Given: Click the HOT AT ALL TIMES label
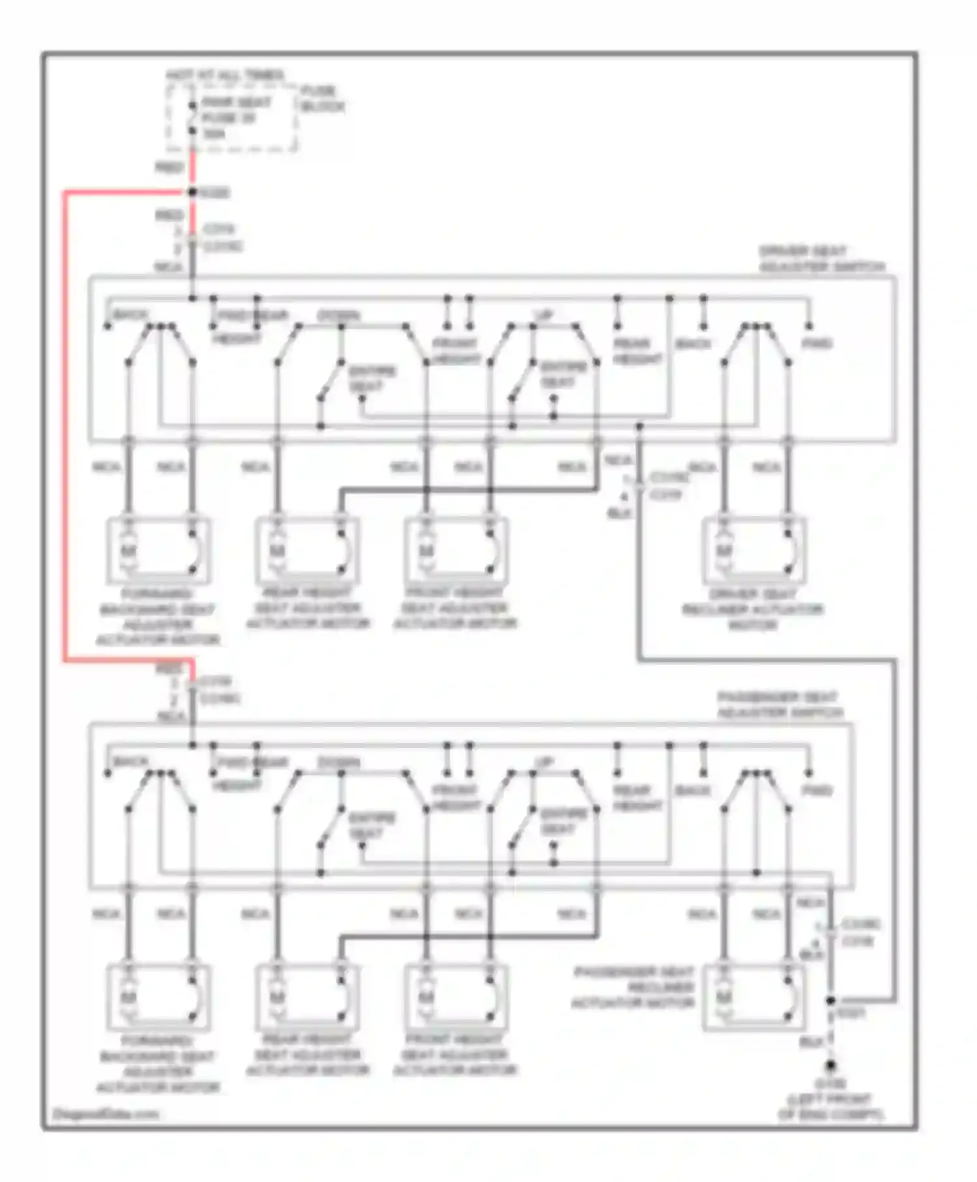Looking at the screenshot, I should pos(225,76).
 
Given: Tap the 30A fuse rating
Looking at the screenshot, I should pos(214,134).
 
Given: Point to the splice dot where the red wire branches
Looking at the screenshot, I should pos(192,192).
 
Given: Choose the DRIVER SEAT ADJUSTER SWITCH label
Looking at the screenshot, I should pos(821,259).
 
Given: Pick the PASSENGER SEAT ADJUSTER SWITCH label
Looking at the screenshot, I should pos(780,705).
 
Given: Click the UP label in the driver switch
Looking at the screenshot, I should pos(544,315).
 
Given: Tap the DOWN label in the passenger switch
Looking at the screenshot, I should pos(338,762).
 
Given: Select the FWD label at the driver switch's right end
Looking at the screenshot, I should pos(817,343).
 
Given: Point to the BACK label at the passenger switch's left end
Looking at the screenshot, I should pos(130,761).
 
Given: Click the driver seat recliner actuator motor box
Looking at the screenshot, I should pos(754,551).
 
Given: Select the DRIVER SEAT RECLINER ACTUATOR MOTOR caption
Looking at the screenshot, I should pos(752,610).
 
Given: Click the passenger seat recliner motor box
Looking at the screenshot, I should pos(754,998).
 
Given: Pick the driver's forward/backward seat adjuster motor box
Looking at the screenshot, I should pos(159,551).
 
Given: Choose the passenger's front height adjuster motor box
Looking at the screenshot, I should pos(456,998).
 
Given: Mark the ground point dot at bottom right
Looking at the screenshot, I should pos(830,1066).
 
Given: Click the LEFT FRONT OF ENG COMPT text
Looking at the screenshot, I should pos(830,1107).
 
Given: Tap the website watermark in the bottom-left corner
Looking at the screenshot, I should pos(105,1114).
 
